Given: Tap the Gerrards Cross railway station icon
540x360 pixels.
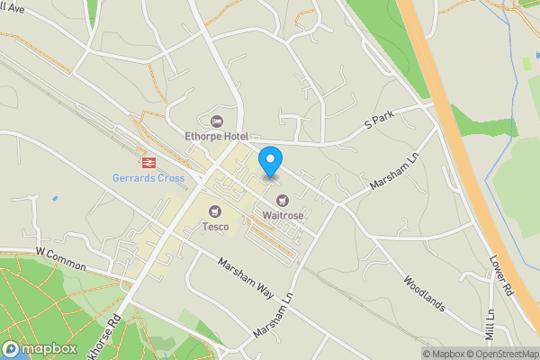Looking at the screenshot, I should (x=145, y=163).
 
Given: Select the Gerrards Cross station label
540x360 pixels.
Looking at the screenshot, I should (x=148, y=178).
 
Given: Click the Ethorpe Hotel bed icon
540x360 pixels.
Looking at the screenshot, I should (x=215, y=121).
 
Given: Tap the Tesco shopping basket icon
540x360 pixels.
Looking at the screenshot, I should (x=215, y=211).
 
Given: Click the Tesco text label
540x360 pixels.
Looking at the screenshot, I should (x=215, y=227).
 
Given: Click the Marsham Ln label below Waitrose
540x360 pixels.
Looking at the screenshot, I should (x=274, y=316).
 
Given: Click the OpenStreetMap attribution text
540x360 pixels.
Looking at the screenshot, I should (x=504, y=354).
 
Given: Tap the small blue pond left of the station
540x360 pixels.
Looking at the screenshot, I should (x=54, y=198).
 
